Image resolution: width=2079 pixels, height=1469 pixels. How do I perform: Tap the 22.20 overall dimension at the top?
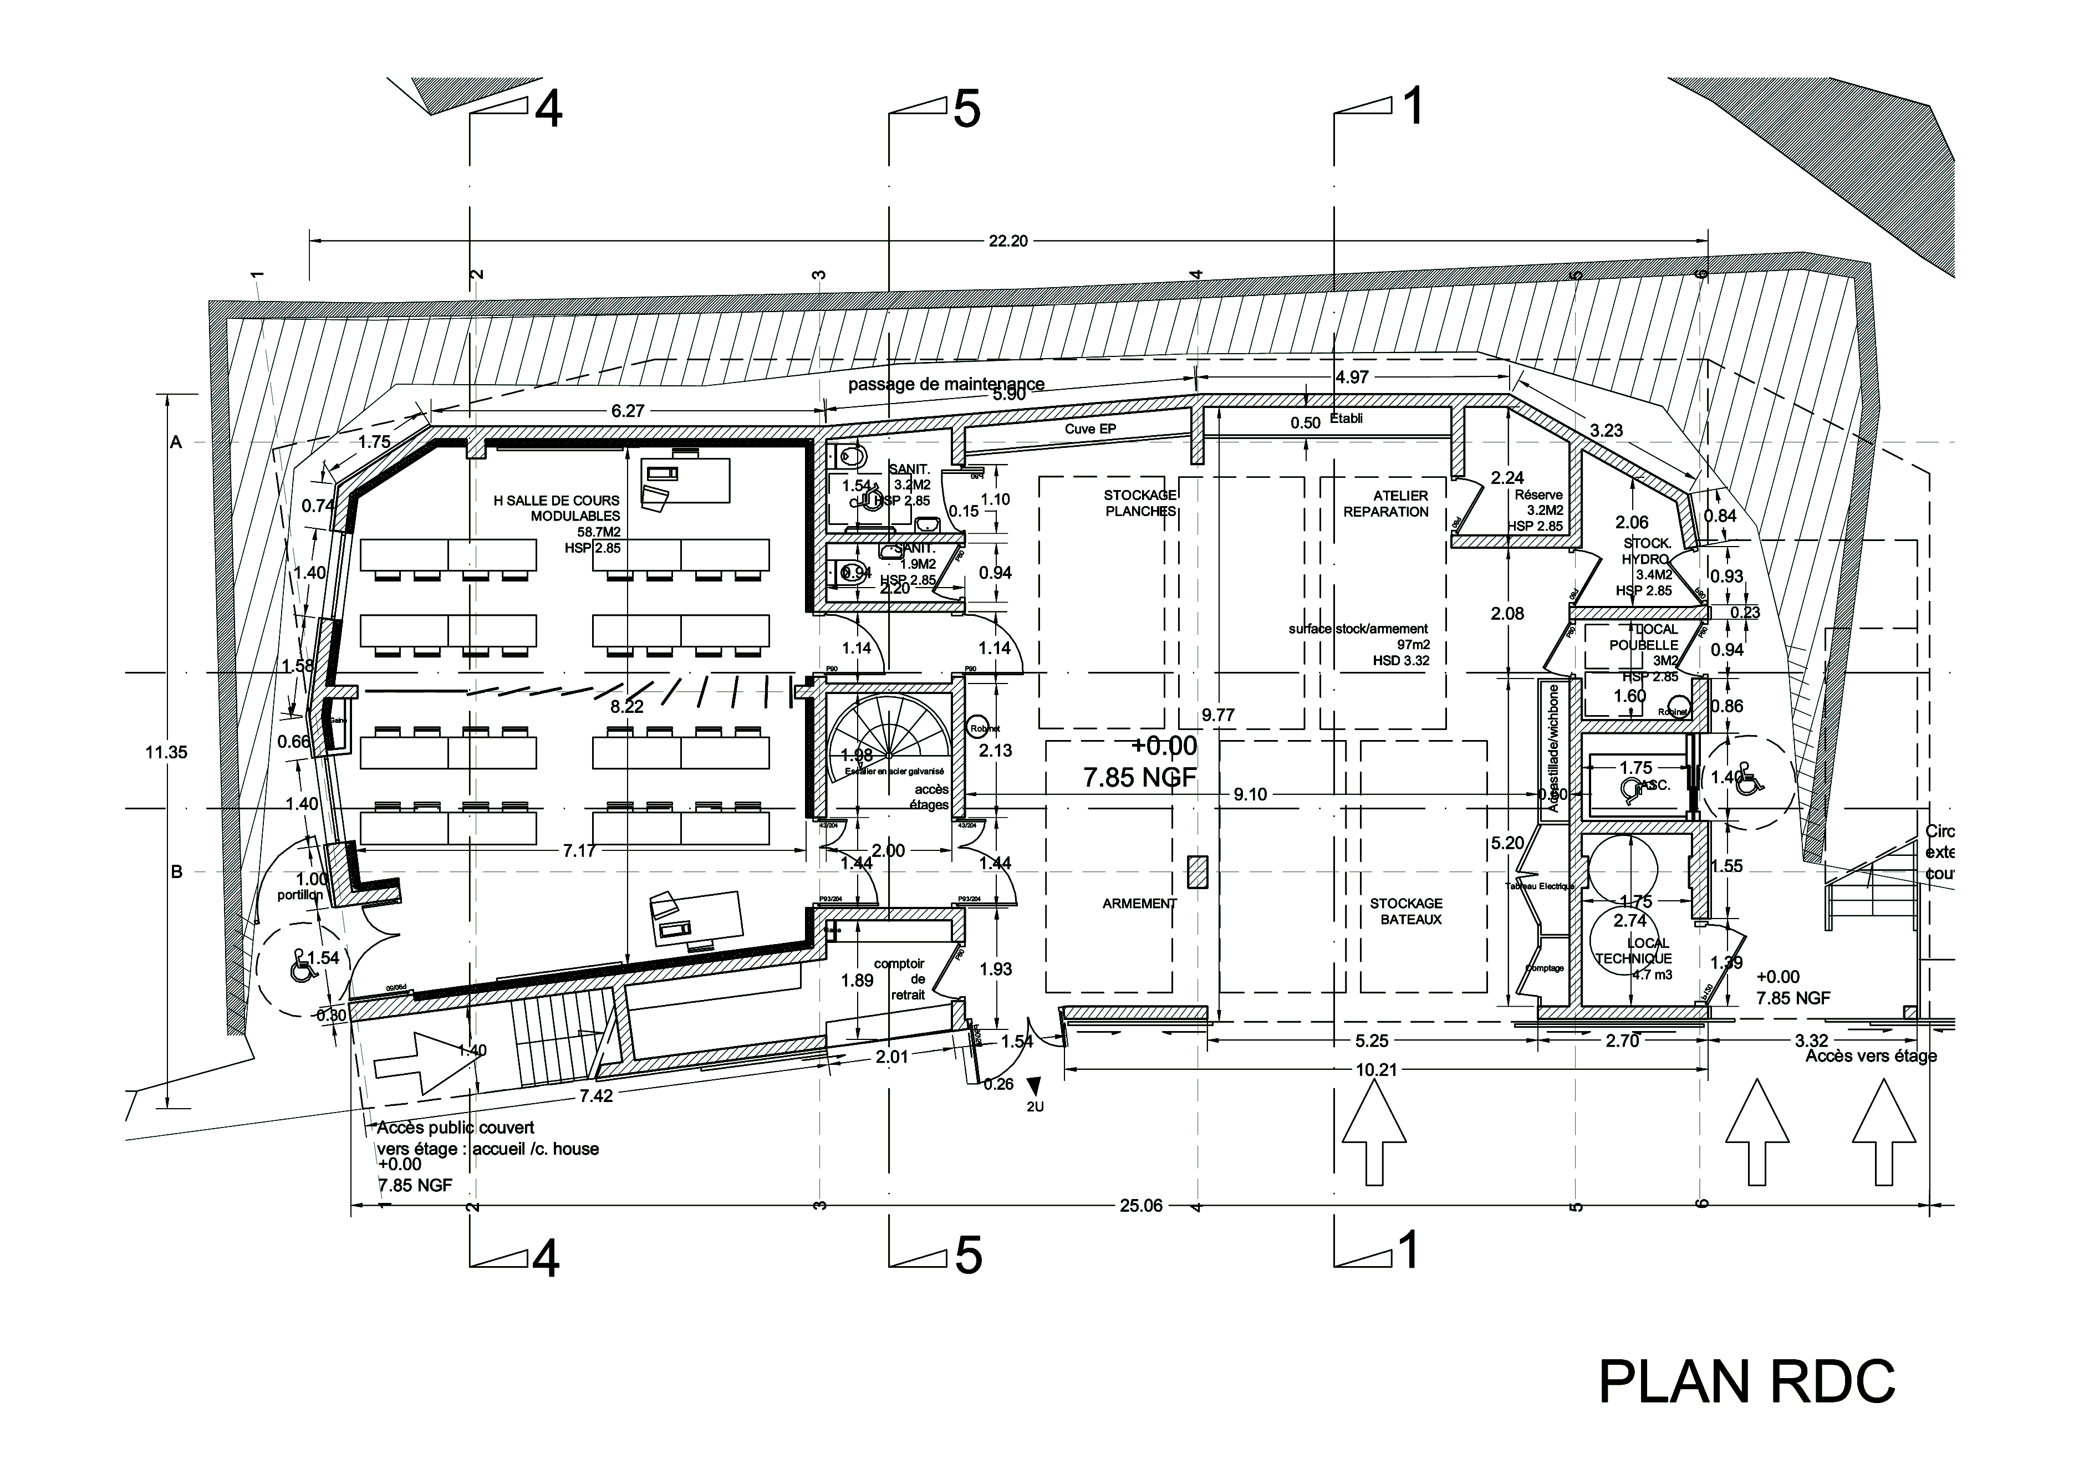pyautogui.click(x=1008, y=241)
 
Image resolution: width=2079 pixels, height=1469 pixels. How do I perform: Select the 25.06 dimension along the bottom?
pyautogui.click(x=1140, y=1206)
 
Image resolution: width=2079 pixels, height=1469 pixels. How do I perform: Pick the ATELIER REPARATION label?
pyautogui.click(x=1385, y=503)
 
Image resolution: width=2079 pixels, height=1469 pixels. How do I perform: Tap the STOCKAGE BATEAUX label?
pyautogui.click(x=1405, y=911)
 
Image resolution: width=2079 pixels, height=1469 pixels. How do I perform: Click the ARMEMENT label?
pyautogui.click(x=1139, y=904)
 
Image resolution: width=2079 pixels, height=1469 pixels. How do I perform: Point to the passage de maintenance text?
pyautogui.click(x=946, y=384)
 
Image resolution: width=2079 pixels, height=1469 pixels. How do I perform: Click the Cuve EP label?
pyautogui.click(x=1090, y=429)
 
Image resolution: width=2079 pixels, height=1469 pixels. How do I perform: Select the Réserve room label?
pyautogui.click(x=1538, y=495)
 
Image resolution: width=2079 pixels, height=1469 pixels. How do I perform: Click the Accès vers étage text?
pyautogui.click(x=1871, y=1055)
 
